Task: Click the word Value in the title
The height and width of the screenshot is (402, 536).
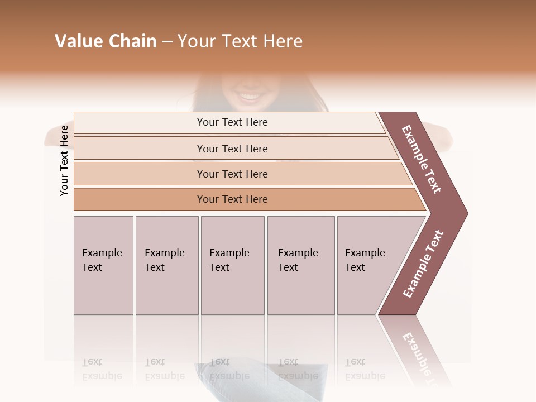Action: (78, 41)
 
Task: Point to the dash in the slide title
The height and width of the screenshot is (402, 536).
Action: (167, 42)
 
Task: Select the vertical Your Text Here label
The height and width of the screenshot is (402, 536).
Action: (64, 161)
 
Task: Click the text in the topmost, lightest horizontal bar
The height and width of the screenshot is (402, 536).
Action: (232, 122)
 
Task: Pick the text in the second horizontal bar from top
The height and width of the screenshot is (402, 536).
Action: (232, 149)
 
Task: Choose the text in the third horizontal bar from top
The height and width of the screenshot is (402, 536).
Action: (232, 174)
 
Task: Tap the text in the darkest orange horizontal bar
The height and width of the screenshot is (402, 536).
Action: (232, 199)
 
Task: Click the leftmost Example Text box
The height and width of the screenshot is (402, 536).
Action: (103, 265)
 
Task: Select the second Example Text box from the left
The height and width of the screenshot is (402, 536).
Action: (166, 265)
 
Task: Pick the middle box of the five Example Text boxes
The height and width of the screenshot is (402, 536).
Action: (232, 265)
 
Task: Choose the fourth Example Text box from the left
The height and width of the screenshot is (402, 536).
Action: (300, 265)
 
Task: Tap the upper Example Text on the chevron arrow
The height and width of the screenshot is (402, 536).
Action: (422, 159)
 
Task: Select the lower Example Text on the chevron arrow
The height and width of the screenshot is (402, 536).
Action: (423, 264)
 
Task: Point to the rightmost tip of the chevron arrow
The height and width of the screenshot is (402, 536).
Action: (467, 213)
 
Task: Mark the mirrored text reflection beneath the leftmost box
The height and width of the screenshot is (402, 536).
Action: (102, 369)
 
